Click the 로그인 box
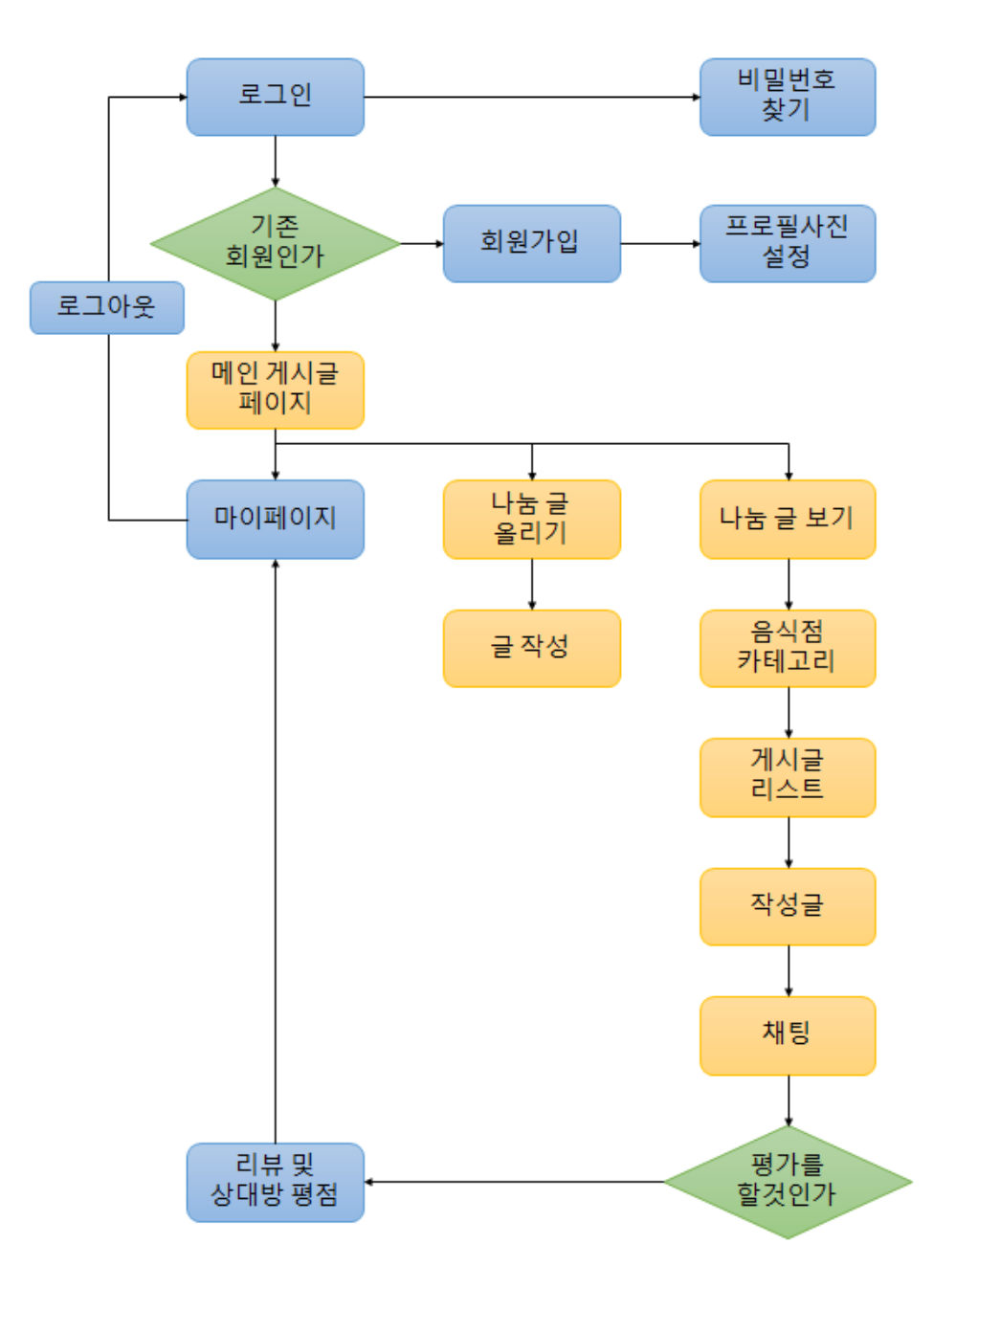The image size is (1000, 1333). click(x=275, y=97)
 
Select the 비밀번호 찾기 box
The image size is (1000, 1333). click(x=787, y=97)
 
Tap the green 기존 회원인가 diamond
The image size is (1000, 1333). click(x=275, y=243)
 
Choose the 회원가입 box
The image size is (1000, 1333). click(x=531, y=243)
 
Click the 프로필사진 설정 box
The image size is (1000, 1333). click(x=787, y=243)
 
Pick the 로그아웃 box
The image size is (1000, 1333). click(x=106, y=307)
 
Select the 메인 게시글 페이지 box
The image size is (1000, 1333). click(x=275, y=389)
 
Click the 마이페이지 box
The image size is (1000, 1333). click(x=275, y=519)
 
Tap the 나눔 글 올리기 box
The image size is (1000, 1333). click(x=531, y=519)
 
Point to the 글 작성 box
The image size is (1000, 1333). click(x=531, y=648)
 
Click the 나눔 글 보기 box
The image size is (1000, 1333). click(x=787, y=519)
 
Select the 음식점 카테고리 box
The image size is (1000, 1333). click(x=787, y=648)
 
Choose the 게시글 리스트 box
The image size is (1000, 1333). click(x=787, y=777)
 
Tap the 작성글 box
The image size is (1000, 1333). click(x=787, y=906)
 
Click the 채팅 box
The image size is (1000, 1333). click(x=787, y=1035)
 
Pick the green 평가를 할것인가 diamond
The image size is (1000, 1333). click(x=787, y=1182)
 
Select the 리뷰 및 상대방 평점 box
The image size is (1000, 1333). click(x=275, y=1182)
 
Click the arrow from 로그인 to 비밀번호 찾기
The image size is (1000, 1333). click(x=531, y=97)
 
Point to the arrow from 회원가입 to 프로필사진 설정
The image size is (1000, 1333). click(x=660, y=243)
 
